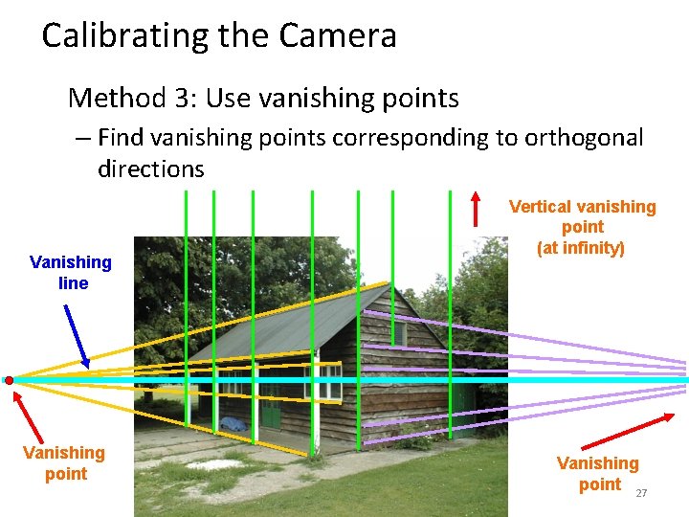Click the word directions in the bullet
point(150,169)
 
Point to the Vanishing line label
point(71,273)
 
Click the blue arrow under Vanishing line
point(77,335)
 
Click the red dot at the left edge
point(9,380)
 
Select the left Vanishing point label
point(64,462)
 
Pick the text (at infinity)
point(581,248)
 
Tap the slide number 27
point(641,493)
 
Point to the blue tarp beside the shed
point(234,422)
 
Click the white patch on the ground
point(216,464)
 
